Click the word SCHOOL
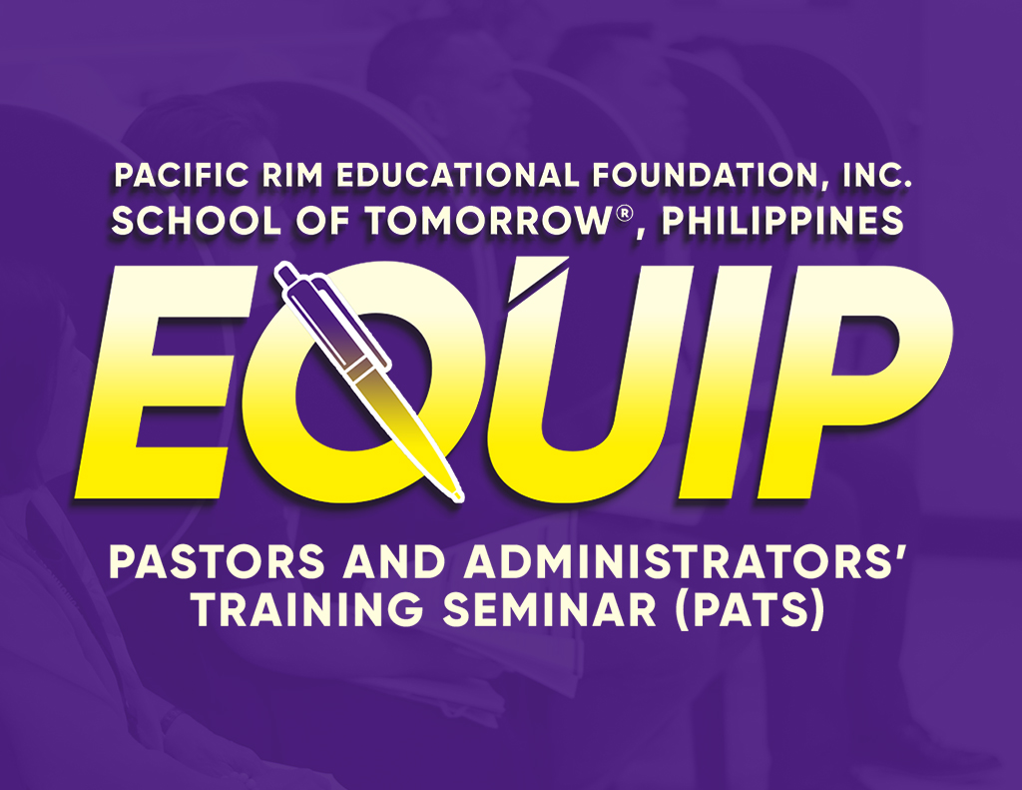(197, 220)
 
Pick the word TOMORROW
(486, 220)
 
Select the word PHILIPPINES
(782, 220)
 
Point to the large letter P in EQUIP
(859, 382)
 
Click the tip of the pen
(460, 499)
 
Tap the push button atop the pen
(284, 273)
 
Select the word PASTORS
(217, 562)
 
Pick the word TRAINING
(309, 609)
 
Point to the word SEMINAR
(550, 609)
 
